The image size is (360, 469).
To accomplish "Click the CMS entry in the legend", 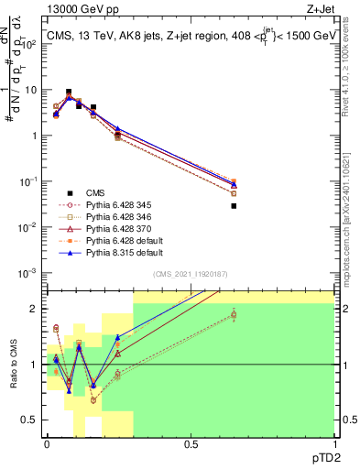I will click(94, 193).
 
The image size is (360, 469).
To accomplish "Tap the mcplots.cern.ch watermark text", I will click(347, 211).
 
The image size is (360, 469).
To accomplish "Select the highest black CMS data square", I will click(69, 93).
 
